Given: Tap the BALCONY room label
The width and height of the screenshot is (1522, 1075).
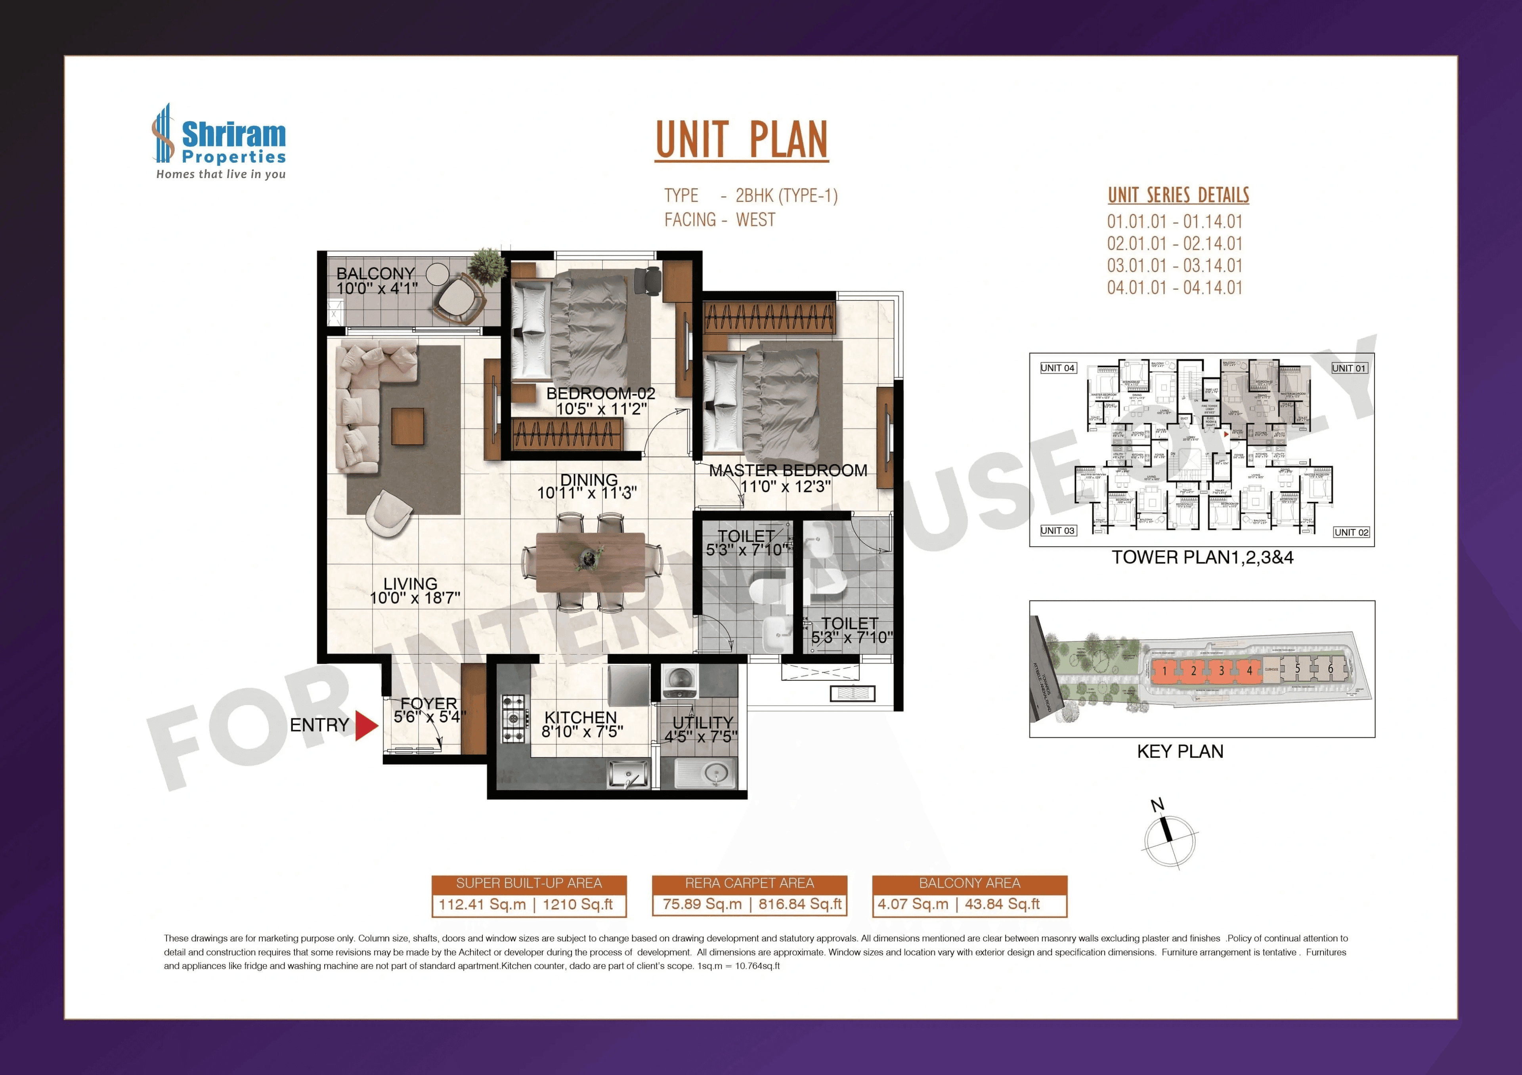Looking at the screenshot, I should pyautogui.click(x=375, y=273).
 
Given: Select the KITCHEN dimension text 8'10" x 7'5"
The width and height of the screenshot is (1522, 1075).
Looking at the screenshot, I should pyautogui.click(x=582, y=732).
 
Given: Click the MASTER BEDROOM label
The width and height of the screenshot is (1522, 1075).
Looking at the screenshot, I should pyautogui.click(x=788, y=471).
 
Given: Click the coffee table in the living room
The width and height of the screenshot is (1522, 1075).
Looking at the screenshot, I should pyautogui.click(x=407, y=426).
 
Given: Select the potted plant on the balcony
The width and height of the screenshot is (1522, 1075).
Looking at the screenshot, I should pyautogui.click(x=487, y=265).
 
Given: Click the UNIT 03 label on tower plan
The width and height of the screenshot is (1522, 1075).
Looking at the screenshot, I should pyautogui.click(x=1057, y=531).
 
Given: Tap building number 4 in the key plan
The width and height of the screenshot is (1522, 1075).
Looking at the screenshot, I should pyautogui.click(x=1249, y=671).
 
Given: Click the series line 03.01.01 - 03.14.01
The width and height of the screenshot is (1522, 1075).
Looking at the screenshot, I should pyautogui.click(x=1174, y=266).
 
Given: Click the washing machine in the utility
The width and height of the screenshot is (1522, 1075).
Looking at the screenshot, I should pyautogui.click(x=679, y=681).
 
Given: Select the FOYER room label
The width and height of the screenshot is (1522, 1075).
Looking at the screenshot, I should pyautogui.click(x=428, y=703).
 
